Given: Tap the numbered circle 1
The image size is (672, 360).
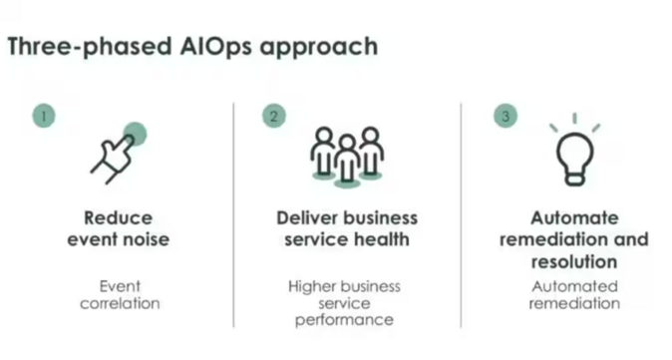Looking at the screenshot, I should [43, 116].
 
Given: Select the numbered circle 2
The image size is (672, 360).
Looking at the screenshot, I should [273, 116].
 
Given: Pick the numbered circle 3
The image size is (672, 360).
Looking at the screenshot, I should [505, 116].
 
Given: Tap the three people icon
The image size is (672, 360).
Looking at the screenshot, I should [346, 154].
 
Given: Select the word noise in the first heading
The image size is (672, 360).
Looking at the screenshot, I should [146, 238].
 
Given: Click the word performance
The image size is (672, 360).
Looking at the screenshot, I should [344, 320].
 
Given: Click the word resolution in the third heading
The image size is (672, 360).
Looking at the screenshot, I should [574, 260].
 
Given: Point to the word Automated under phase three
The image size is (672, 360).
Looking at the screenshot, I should [574, 286].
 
